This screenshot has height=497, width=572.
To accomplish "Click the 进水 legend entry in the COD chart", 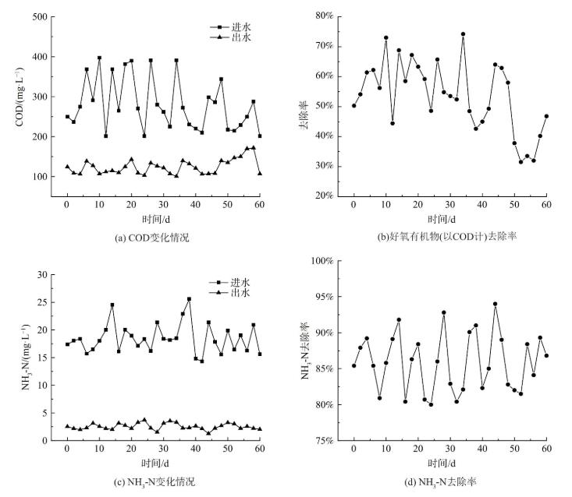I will tap(239, 26).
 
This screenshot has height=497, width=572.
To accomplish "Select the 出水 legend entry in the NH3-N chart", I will tap(239, 292).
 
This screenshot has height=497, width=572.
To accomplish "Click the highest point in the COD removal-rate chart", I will tap(463, 34).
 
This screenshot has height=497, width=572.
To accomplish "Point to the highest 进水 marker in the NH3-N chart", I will tap(189, 299).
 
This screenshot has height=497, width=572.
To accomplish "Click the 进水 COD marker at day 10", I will tap(99, 58).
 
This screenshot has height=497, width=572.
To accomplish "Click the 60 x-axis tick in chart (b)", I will tap(546, 204).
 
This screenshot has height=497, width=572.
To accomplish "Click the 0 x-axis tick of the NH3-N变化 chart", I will tap(67, 449).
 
